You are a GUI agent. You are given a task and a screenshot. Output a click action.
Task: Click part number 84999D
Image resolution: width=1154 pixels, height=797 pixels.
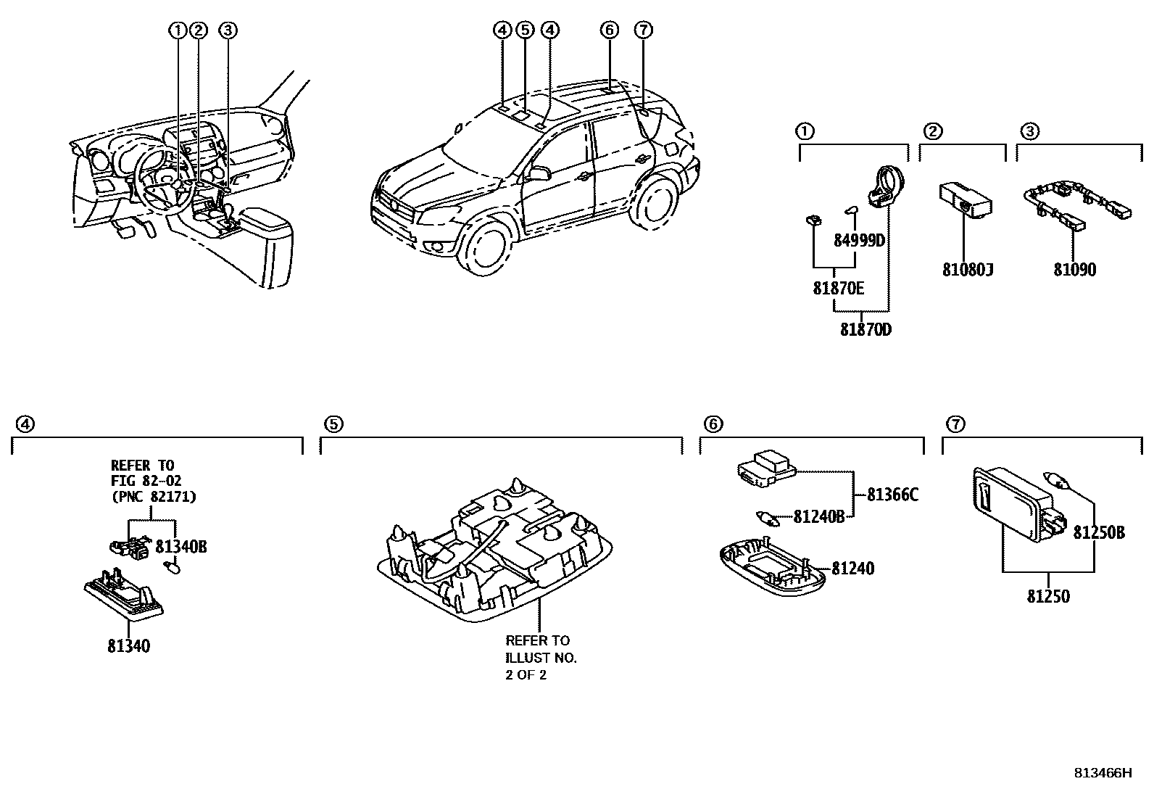859,240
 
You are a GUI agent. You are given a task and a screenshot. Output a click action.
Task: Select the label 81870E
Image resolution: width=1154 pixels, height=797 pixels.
838,288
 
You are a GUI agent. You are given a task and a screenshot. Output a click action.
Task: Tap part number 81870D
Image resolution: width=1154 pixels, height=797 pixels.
865,329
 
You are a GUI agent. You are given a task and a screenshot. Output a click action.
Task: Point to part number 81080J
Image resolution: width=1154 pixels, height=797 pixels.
967,270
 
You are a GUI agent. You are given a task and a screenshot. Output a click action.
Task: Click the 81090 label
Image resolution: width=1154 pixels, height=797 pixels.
1074,270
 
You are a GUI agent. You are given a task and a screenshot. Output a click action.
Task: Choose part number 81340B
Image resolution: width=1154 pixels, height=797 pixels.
181,546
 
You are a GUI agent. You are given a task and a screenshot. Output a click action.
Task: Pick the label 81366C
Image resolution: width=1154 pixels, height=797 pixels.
892,495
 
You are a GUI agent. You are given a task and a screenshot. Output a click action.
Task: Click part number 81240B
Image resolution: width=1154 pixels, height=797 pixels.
818,516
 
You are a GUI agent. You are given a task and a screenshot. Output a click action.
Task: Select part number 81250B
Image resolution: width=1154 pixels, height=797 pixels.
1098,532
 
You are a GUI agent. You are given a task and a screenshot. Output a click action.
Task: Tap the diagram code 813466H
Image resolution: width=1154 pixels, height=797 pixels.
1102,772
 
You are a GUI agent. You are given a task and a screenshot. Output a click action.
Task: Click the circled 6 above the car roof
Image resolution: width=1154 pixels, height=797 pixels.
610,30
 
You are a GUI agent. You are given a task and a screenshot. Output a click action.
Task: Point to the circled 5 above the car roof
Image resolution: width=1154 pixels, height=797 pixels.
526,30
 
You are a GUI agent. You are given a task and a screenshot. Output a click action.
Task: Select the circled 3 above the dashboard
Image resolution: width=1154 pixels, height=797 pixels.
228,30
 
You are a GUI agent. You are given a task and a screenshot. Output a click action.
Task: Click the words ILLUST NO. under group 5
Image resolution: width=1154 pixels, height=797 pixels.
541,658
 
